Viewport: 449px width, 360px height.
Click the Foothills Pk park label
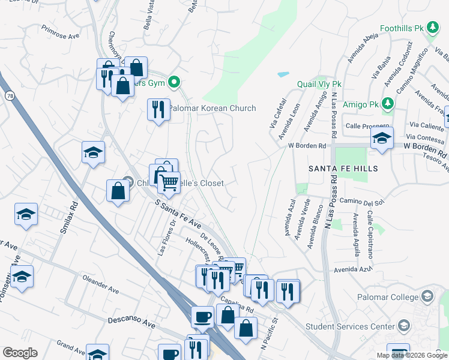click(x=402, y=28)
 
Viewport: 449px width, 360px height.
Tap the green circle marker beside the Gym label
click(x=174, y=82)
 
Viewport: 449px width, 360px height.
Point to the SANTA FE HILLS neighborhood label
click(x=343, y=169)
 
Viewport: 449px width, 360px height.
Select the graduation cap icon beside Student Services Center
click(x=404, y=326)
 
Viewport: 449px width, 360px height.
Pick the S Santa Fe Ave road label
click(x=178, y=214)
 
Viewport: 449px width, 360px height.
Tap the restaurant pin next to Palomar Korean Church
click(x=158, y=110)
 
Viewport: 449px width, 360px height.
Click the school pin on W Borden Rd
click(x=382, y=139)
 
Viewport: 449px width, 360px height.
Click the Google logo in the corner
click(x=20, y=353)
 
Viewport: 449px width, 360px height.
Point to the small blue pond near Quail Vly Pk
click(x=283, y=75)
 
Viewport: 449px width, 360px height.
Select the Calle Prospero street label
click(x=368, y=125)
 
